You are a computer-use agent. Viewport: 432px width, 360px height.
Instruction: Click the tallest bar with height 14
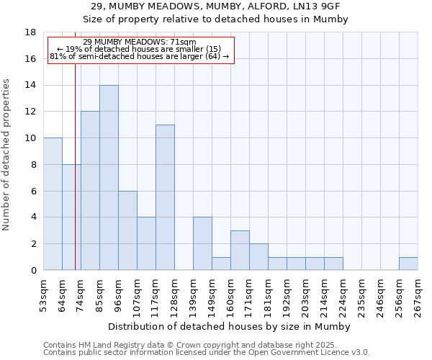click(109, 178)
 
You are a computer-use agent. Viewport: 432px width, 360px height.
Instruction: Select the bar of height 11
click(165, 197)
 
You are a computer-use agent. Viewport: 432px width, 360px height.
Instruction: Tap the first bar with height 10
click(53, 204)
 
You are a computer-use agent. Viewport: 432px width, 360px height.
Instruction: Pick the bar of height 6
click(127, 230)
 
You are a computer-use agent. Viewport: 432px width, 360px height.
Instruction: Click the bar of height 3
click(240, 250)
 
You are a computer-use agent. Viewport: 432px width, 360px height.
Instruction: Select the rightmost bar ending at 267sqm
click(408, 264)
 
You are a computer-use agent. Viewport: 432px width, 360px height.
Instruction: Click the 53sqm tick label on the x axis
click(44, 295)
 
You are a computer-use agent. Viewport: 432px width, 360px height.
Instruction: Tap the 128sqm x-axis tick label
click(175, 295)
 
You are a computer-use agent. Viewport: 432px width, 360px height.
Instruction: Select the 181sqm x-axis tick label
click(269, 295)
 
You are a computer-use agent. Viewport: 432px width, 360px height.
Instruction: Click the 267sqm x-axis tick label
click(418, 295)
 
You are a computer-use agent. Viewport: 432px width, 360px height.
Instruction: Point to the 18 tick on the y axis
click(30, 32)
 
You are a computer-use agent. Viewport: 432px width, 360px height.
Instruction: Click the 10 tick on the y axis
click(30, 138)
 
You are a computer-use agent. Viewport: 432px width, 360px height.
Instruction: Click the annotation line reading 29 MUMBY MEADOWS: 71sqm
click(139, 42)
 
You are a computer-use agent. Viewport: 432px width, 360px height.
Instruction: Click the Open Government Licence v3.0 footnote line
click(207, 353)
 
